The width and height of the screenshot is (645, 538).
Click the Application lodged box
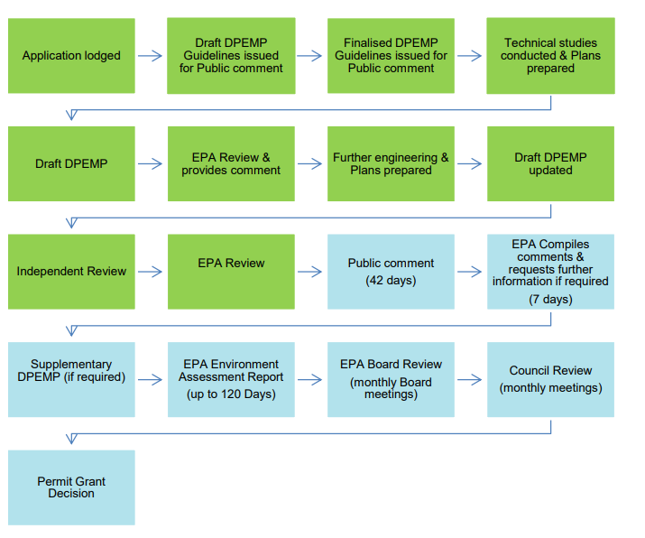pos(71,56)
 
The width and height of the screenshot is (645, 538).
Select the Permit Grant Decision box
pos(71,487)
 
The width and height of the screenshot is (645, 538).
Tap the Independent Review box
pos(71,272)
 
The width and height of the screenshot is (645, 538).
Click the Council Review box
pos(551,379)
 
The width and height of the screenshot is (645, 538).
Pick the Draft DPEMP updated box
pos(551,163)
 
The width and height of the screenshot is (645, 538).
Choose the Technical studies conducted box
pos(551,56)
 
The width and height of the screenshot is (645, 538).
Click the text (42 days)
pos(391,281)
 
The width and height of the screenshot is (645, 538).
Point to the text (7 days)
pos(551,300)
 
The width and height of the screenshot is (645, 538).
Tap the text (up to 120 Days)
pos(231,394)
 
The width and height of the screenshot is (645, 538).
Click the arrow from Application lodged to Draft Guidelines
pos(150,56)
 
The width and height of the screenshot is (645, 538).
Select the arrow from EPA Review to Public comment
pos(309,272)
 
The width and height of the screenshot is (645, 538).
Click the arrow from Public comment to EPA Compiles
pos(469,272)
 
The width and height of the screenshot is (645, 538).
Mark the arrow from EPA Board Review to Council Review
pos(469,379)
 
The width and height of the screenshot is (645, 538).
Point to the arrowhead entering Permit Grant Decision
pos(71,439)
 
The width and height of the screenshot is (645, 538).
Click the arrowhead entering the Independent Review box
pos(71,223)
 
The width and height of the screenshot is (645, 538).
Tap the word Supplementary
pos(71,365)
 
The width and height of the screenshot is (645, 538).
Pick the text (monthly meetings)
pos(551,388)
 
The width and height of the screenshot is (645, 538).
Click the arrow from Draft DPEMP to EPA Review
pos(150,163)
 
